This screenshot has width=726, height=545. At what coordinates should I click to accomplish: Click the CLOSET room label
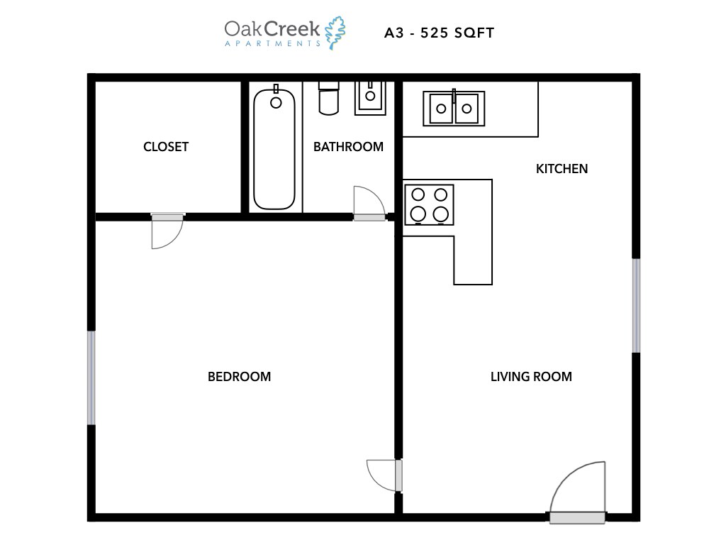click(x=166, y=147)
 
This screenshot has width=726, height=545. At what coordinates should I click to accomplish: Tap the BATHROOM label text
click(x=348, y=147)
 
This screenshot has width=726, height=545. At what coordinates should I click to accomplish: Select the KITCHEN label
click(x=562, y=169)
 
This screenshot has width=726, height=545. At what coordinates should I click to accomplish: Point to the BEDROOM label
click(x=239, y=377)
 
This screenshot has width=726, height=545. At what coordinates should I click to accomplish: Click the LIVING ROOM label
click(x=531, y=377)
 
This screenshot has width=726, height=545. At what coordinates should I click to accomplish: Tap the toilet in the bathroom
click(x=329, y=98)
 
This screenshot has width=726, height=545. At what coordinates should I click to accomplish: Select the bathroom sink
click(x=371, y=97)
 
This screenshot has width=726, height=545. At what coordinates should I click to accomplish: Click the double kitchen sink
click(x=454, y=109)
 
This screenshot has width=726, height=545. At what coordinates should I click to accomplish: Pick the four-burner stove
click(x=429, y=204)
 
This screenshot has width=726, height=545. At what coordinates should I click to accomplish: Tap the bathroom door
click(x=368, y=203)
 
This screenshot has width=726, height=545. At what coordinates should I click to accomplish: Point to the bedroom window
click(x=91, y=378)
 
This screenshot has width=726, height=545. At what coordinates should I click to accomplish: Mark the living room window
click(x=636, y=306)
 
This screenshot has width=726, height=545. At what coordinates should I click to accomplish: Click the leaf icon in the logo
click(x=335, y=33)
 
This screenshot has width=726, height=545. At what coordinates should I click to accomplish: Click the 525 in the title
click(x=442, y=33)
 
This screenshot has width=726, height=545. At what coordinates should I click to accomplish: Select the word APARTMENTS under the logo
click(x=272, y=43)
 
